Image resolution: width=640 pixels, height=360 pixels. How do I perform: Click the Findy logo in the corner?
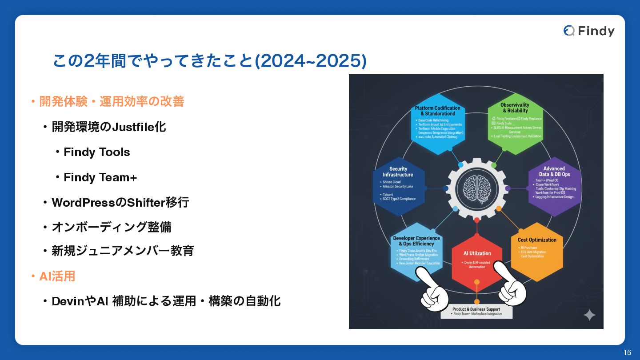click(589, 31)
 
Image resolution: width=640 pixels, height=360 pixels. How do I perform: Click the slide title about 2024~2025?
click(209, 61)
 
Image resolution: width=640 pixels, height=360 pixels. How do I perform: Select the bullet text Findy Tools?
click(96, 152)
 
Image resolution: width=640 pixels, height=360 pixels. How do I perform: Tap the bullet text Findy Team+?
click(100, 177)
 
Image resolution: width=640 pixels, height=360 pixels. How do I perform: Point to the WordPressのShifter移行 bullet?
click(120, 203)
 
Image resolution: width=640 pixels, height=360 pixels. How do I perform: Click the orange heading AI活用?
click(57, 276)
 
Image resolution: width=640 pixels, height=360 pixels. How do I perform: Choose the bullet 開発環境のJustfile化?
click(108, 127)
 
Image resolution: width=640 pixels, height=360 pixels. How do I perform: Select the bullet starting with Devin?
click(166, 301)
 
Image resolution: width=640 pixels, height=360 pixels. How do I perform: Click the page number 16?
click(627, 353)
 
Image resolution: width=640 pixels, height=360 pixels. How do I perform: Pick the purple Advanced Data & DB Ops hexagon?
click(555, 184)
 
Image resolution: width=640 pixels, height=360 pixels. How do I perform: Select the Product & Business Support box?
click(476, 311)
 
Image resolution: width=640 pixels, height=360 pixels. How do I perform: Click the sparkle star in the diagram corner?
click(589, 315)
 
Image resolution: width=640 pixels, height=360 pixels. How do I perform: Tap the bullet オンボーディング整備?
click(111, 227)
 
